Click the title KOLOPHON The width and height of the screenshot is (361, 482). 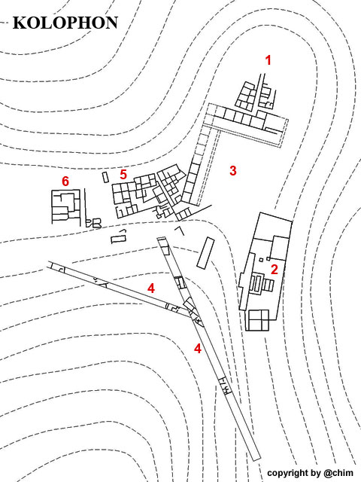(x=65, y=23)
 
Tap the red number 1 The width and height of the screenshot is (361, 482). (x=268, y=60)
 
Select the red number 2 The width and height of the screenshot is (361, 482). (x=274, y=270)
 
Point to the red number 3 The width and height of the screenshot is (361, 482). (x=233, y=170)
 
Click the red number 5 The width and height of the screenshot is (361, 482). (x=123, y=174)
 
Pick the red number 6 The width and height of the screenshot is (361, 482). (x=65, y=181)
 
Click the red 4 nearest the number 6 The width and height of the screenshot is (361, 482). (x=150, y=288)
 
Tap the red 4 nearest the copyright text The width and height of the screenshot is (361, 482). (x=198, y=348)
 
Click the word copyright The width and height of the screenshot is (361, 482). (x=287, y=473)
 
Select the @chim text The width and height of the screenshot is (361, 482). (x=338, y=472)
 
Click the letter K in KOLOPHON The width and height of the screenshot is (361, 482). (x=18, y=23)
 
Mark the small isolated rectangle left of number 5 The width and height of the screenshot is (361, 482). (x=105, y=178)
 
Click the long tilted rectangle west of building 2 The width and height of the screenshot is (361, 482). (x=205, y=253)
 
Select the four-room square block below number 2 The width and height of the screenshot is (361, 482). (x=259, y=320)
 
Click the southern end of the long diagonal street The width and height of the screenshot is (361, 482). (x=256, y=458)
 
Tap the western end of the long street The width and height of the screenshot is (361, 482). (x=49, y=264)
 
